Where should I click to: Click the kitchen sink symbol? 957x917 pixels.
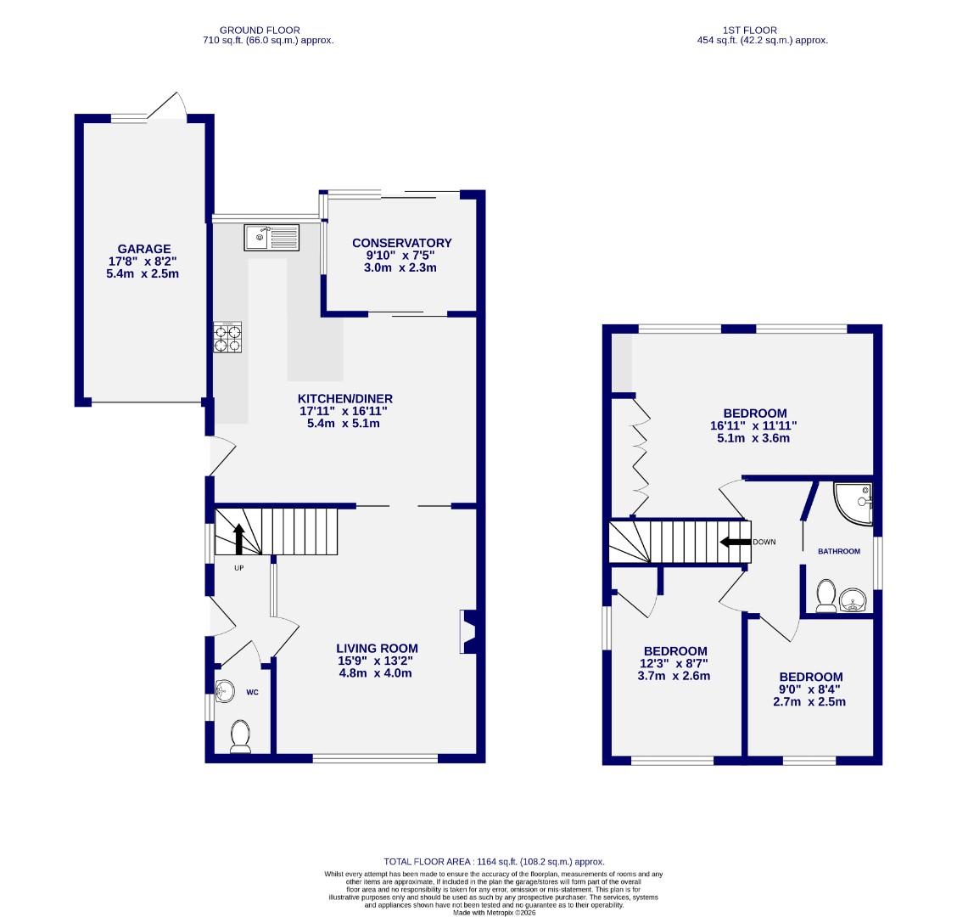pos(271,237)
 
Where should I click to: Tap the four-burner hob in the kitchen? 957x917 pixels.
pos(227,337)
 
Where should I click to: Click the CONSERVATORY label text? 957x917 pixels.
pos(401,243)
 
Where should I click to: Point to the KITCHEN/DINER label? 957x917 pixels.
pos(344,398)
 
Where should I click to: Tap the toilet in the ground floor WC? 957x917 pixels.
pos(240,736)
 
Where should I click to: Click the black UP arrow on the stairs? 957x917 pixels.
pos(238,539)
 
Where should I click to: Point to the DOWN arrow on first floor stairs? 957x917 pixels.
pos(735,542)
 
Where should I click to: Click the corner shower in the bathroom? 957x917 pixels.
pos(853,504)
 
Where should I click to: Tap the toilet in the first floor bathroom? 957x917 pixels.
pos(825,596)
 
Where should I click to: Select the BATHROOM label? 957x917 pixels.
pos(838,551)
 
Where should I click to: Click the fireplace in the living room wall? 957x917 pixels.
pos(468,633)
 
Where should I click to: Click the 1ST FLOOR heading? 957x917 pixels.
pos(761,31)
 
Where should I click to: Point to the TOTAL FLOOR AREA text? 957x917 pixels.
pos(494,861)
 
